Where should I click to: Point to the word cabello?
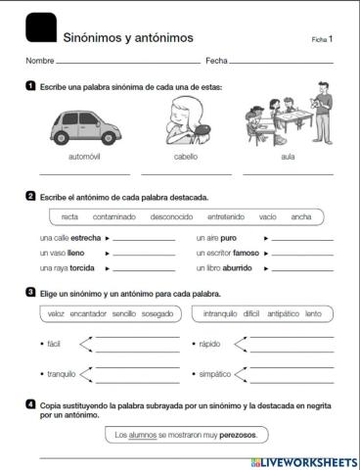186,157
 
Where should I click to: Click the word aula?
288,157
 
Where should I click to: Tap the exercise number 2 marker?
31,196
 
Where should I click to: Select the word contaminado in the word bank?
114,216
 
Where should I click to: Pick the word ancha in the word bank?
301,216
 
